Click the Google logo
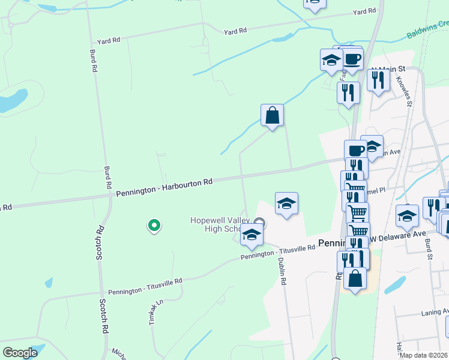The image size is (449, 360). (x=20, y=352)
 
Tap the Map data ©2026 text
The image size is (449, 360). (x=424, y=355)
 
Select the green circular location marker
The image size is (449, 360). (x=154, y=226)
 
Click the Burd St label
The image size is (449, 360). (x=429, y=247)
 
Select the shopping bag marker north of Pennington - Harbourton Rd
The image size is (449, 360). (x=272, y=115)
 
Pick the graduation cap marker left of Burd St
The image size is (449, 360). (x=407, y=215)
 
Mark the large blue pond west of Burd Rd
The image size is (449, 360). (x=14, y=101)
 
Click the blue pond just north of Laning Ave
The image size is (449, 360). (x=394, y=284)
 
